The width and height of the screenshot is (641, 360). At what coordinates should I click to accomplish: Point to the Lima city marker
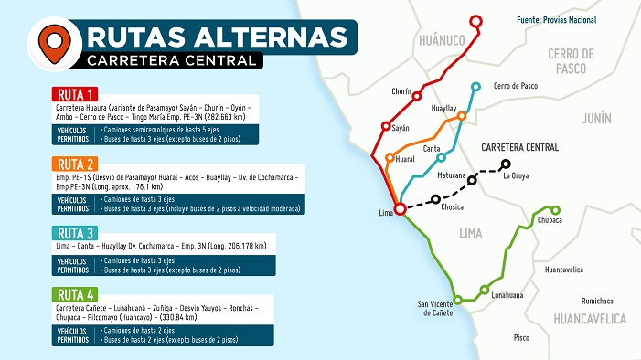tap(400, 209)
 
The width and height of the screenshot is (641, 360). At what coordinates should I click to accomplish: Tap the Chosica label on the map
tap(452, 207)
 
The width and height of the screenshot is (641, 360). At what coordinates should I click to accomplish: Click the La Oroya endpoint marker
tap(505, 164)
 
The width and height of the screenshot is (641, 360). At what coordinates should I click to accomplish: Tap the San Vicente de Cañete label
tap(434, 308)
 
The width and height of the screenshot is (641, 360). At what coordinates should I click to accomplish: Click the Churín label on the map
tap(401, 91)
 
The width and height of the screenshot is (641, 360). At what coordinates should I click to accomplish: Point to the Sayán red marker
tap(386, 127)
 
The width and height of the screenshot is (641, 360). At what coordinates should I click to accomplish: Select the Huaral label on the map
tap(405, 159)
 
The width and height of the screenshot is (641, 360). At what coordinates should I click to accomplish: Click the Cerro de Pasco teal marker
tap(475, 87)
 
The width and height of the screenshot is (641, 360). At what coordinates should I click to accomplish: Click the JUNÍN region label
tap(595, 118)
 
